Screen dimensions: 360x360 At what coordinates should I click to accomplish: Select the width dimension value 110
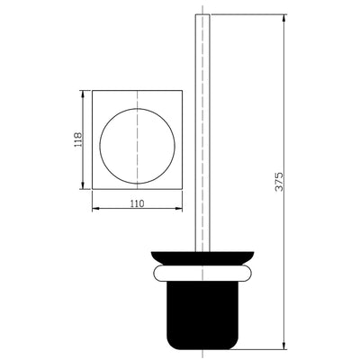(x=137, y=204)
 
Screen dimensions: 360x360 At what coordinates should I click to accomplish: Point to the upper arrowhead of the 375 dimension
(x=285, y=17)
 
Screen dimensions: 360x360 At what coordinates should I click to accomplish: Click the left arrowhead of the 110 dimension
(x=95, y=209)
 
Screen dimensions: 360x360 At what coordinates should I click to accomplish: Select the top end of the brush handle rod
(x=202, y=15)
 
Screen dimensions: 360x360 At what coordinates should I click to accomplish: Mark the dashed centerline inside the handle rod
(x=202, y=135)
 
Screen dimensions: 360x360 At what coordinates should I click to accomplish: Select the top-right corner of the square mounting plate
(x=181, y=89)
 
